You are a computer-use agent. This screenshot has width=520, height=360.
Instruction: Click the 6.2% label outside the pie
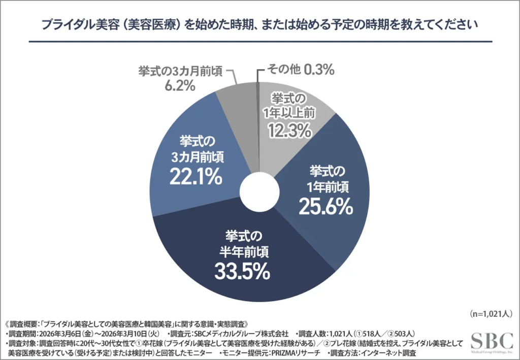pyautogui.click(x=179, y=85)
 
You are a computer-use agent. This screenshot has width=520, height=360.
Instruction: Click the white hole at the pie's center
pyautogui.click(x=259, y=191)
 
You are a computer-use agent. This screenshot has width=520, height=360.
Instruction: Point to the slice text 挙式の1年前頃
pyautogui.click(x=326, y=177)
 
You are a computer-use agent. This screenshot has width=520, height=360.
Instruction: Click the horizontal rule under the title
pyautogui.click(x=260, y=42)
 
